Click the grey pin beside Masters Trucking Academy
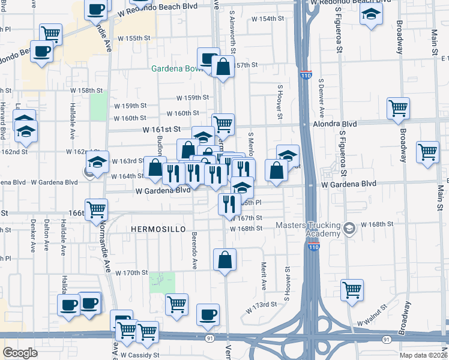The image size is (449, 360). (349, 227)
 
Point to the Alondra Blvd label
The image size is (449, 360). (335, 124)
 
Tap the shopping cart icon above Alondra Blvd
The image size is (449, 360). (397, 108)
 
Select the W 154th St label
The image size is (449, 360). (268, 19)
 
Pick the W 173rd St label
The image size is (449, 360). (261, 307)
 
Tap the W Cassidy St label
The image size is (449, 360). (139, 355)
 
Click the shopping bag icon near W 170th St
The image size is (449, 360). (225, 260)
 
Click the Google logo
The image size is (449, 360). (20, 353)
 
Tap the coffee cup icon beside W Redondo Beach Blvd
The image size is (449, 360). (96, 10)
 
